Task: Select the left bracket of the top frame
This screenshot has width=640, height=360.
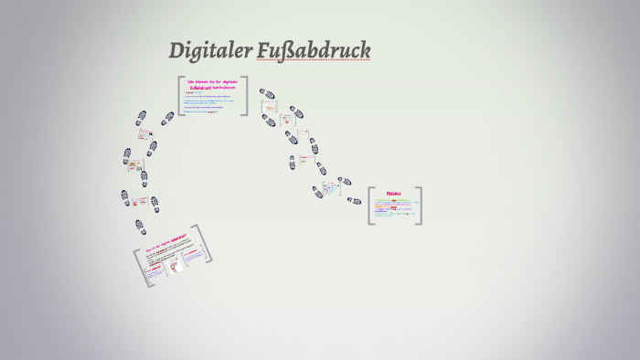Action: pyautogui.click(x=180, y=95)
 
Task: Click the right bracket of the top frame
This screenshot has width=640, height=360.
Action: pyautogui.click(x=245, y=95)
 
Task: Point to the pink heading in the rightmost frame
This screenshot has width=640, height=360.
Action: pyautogui.click(x=394, y=194)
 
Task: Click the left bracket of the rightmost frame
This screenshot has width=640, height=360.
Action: pyautogui.click(x=370, y=206)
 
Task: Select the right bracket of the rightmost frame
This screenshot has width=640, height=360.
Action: pyautogui.click(x=419, y=206)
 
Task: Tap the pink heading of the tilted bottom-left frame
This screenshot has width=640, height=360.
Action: pyautogui.click(x=165, y=244)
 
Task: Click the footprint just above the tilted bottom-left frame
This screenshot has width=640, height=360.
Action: pyautogui.click(x=140, y=226)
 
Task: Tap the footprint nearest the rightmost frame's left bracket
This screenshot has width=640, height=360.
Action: pyautogui.click(x=354, y=200)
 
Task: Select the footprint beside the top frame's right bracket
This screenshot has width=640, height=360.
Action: pyautogui.click(x=266, y=94)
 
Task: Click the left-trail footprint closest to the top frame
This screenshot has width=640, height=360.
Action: pyautogui.click(x=167, y=118)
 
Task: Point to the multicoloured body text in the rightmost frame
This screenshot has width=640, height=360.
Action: pyautogui.click(x=394, y=209)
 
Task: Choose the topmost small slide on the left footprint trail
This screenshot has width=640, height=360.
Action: pyautogui.click(x=145, y=133)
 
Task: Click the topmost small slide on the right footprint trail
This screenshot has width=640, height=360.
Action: pyautogui.click(x=269, y=107)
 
